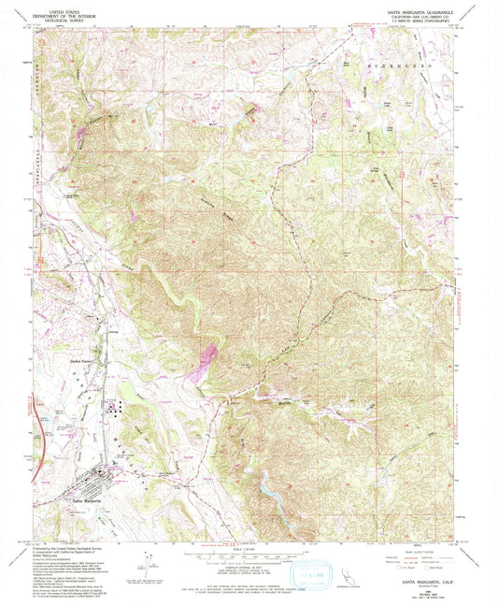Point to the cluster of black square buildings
[x=114, y=407]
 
